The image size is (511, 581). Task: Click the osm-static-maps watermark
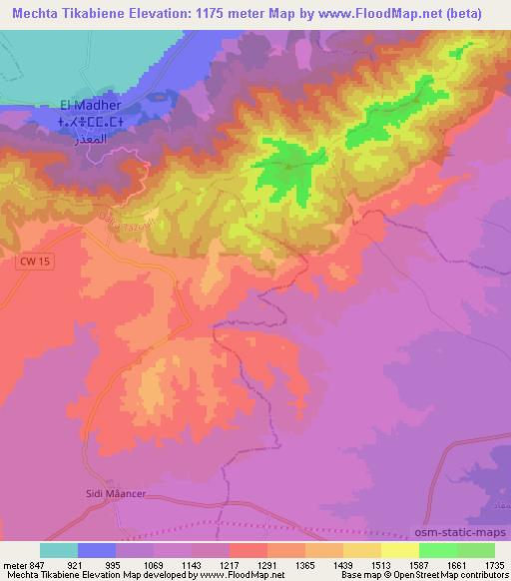click(458, 530)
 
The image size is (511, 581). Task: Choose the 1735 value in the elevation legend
click(494, 566)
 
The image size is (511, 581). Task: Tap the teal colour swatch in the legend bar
click(59, 550)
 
